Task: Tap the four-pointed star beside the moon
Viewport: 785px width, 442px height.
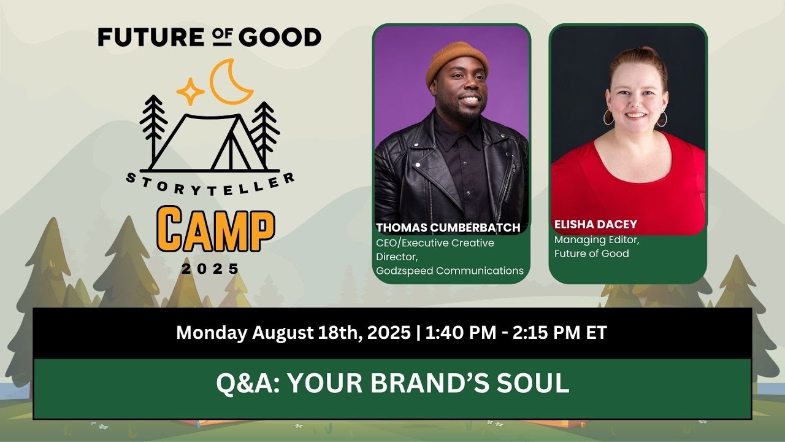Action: point(190,91)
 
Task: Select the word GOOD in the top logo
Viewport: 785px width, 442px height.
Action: point(280,37)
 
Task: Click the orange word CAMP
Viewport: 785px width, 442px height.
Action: point(215,230)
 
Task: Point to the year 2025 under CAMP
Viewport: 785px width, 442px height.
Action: point(210,268)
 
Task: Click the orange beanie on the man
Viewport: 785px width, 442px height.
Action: point(457,61)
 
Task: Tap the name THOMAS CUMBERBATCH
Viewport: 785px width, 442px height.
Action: point(448,228)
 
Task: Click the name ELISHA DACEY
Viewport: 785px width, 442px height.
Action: point(595,224)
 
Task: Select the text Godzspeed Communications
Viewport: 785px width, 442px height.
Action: point(450,271)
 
